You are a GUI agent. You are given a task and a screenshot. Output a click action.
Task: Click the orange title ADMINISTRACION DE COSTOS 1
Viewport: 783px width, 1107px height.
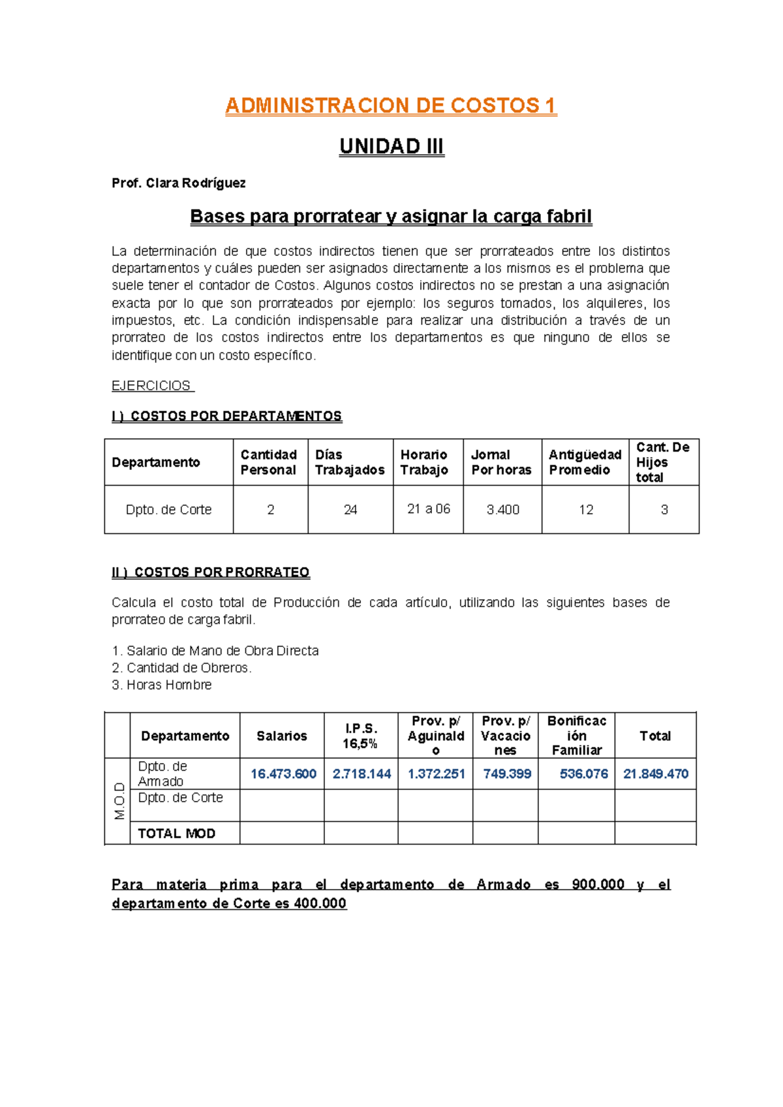(x=390, y=106)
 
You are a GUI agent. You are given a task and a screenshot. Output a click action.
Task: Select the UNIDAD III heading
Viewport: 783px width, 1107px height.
(x=391, y=146)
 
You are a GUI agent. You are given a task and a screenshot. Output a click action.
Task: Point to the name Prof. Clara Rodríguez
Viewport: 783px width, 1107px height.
(x=178, y=183)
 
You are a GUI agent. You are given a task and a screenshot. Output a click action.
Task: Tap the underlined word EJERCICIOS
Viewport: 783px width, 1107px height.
(x=151, y=386)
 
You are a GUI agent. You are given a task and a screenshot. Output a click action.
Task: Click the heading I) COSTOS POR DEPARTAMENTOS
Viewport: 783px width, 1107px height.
(x=226, y=416)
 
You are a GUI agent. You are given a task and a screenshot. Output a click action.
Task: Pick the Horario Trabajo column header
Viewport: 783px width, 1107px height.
(x=424, y=462)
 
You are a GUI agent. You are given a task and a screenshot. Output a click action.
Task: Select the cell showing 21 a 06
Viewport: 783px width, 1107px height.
(x=429, y=509)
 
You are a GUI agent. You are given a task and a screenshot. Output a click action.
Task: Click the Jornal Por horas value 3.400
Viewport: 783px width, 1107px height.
(x=502, y=510)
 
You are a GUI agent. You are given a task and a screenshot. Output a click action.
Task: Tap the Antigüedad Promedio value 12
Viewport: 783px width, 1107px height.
(x=585, y=510)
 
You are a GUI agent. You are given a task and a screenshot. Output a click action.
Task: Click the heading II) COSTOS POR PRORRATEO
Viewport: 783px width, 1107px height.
(x=210, y=572)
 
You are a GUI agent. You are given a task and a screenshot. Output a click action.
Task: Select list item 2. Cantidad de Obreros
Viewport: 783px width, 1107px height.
(x=181, y=668)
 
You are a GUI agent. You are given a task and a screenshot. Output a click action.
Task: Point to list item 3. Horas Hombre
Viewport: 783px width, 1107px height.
(x=162, y=685)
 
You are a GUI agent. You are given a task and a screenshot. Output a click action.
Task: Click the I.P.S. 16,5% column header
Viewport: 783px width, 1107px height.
(x=360, y=736)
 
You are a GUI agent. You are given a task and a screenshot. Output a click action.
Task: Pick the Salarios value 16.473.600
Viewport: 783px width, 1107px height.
(x=283, y=774)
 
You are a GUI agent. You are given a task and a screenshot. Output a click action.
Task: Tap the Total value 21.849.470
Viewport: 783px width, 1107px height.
(x=655, y=774)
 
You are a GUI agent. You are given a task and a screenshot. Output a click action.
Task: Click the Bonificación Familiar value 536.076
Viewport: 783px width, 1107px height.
(x=583, y=774)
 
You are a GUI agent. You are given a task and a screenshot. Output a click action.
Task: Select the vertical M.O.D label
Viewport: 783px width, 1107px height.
(x=119, y=801)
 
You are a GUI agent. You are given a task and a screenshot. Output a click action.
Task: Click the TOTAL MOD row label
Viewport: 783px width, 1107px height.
(x=176, y=834)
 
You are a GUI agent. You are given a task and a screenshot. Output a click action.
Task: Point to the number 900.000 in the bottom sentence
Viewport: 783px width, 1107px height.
(x=598, y=884)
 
